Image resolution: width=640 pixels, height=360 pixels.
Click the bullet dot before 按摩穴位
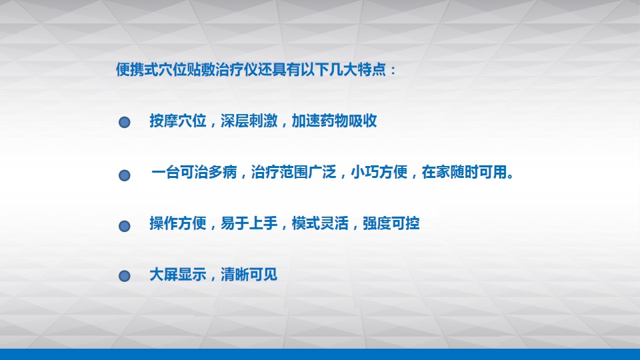click(x=125, y=122)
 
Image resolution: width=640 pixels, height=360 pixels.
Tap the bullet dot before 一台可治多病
click(x=125, y=175)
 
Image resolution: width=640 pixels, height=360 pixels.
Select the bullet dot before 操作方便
click(x=125, y=226)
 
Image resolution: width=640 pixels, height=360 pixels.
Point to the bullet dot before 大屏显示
click(x=125, y=276)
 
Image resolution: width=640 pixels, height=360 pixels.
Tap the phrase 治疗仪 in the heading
click(x=237, y=70)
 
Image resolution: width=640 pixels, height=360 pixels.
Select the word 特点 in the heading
click(x=371, y=70)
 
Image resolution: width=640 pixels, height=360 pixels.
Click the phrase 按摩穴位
click(x=177, y=121)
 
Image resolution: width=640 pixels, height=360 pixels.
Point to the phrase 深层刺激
click(x=249, y=121)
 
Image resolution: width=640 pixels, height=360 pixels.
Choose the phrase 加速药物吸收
click(x=334, y=121)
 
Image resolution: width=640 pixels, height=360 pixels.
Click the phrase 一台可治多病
click(x=194, y=172)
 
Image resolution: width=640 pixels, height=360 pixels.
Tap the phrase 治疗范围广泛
click(x=294, y=172)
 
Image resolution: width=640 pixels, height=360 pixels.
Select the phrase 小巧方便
click(x=379, y=172)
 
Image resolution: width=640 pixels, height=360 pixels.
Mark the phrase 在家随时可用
click(x=465, y=172)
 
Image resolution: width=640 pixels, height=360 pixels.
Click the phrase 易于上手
click(x=249, y=223)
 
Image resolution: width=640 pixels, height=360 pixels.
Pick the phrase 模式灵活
click(x=320, y=223)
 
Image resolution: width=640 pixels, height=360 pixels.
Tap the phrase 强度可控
click(x=391, y=223)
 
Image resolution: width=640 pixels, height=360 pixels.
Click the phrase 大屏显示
click(x=177, y=275)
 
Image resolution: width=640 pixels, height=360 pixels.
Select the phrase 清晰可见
click(x=249, y=275)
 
